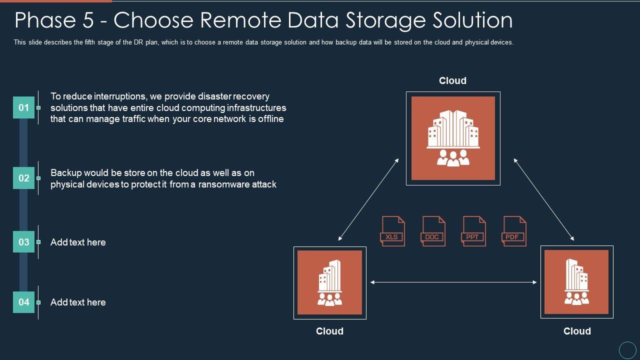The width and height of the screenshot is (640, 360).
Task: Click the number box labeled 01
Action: pyautogui.click(x=23, y=107)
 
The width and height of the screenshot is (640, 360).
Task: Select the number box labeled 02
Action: pyautogui.click(x=23, y=178)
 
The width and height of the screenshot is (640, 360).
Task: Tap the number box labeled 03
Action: pyautogui.click(x=23, y=242)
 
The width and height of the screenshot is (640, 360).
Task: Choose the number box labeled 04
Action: pyautogui.click(x=23, y=302)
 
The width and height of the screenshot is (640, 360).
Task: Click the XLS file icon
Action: pyautogui.click(x=392, y=231)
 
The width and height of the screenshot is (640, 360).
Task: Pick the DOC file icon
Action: pyautogui.click(x=433, y=231)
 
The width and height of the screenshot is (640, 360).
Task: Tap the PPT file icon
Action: pyautogui.click(x=473, y=231)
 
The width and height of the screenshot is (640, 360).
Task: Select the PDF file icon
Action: pyautogui.click(x=513, y=231)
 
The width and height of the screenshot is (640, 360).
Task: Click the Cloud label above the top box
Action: pyautogui.click(x=452, y=81)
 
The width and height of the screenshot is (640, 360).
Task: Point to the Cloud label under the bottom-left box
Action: pyautogui.click(x=329, y=331)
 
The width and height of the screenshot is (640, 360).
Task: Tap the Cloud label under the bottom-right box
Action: pyautogui.click(x=577, y=331)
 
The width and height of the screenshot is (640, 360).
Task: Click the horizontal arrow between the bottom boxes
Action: pyautogui.click(x=453, y=282)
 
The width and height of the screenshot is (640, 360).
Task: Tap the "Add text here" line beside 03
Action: pyautogui.click(x=78, y=242)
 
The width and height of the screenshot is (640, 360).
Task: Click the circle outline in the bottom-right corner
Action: pyautogui.click(x=627, y=349)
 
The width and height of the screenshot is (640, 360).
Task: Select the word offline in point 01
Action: pyautogui.click(x=270, y=119)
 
